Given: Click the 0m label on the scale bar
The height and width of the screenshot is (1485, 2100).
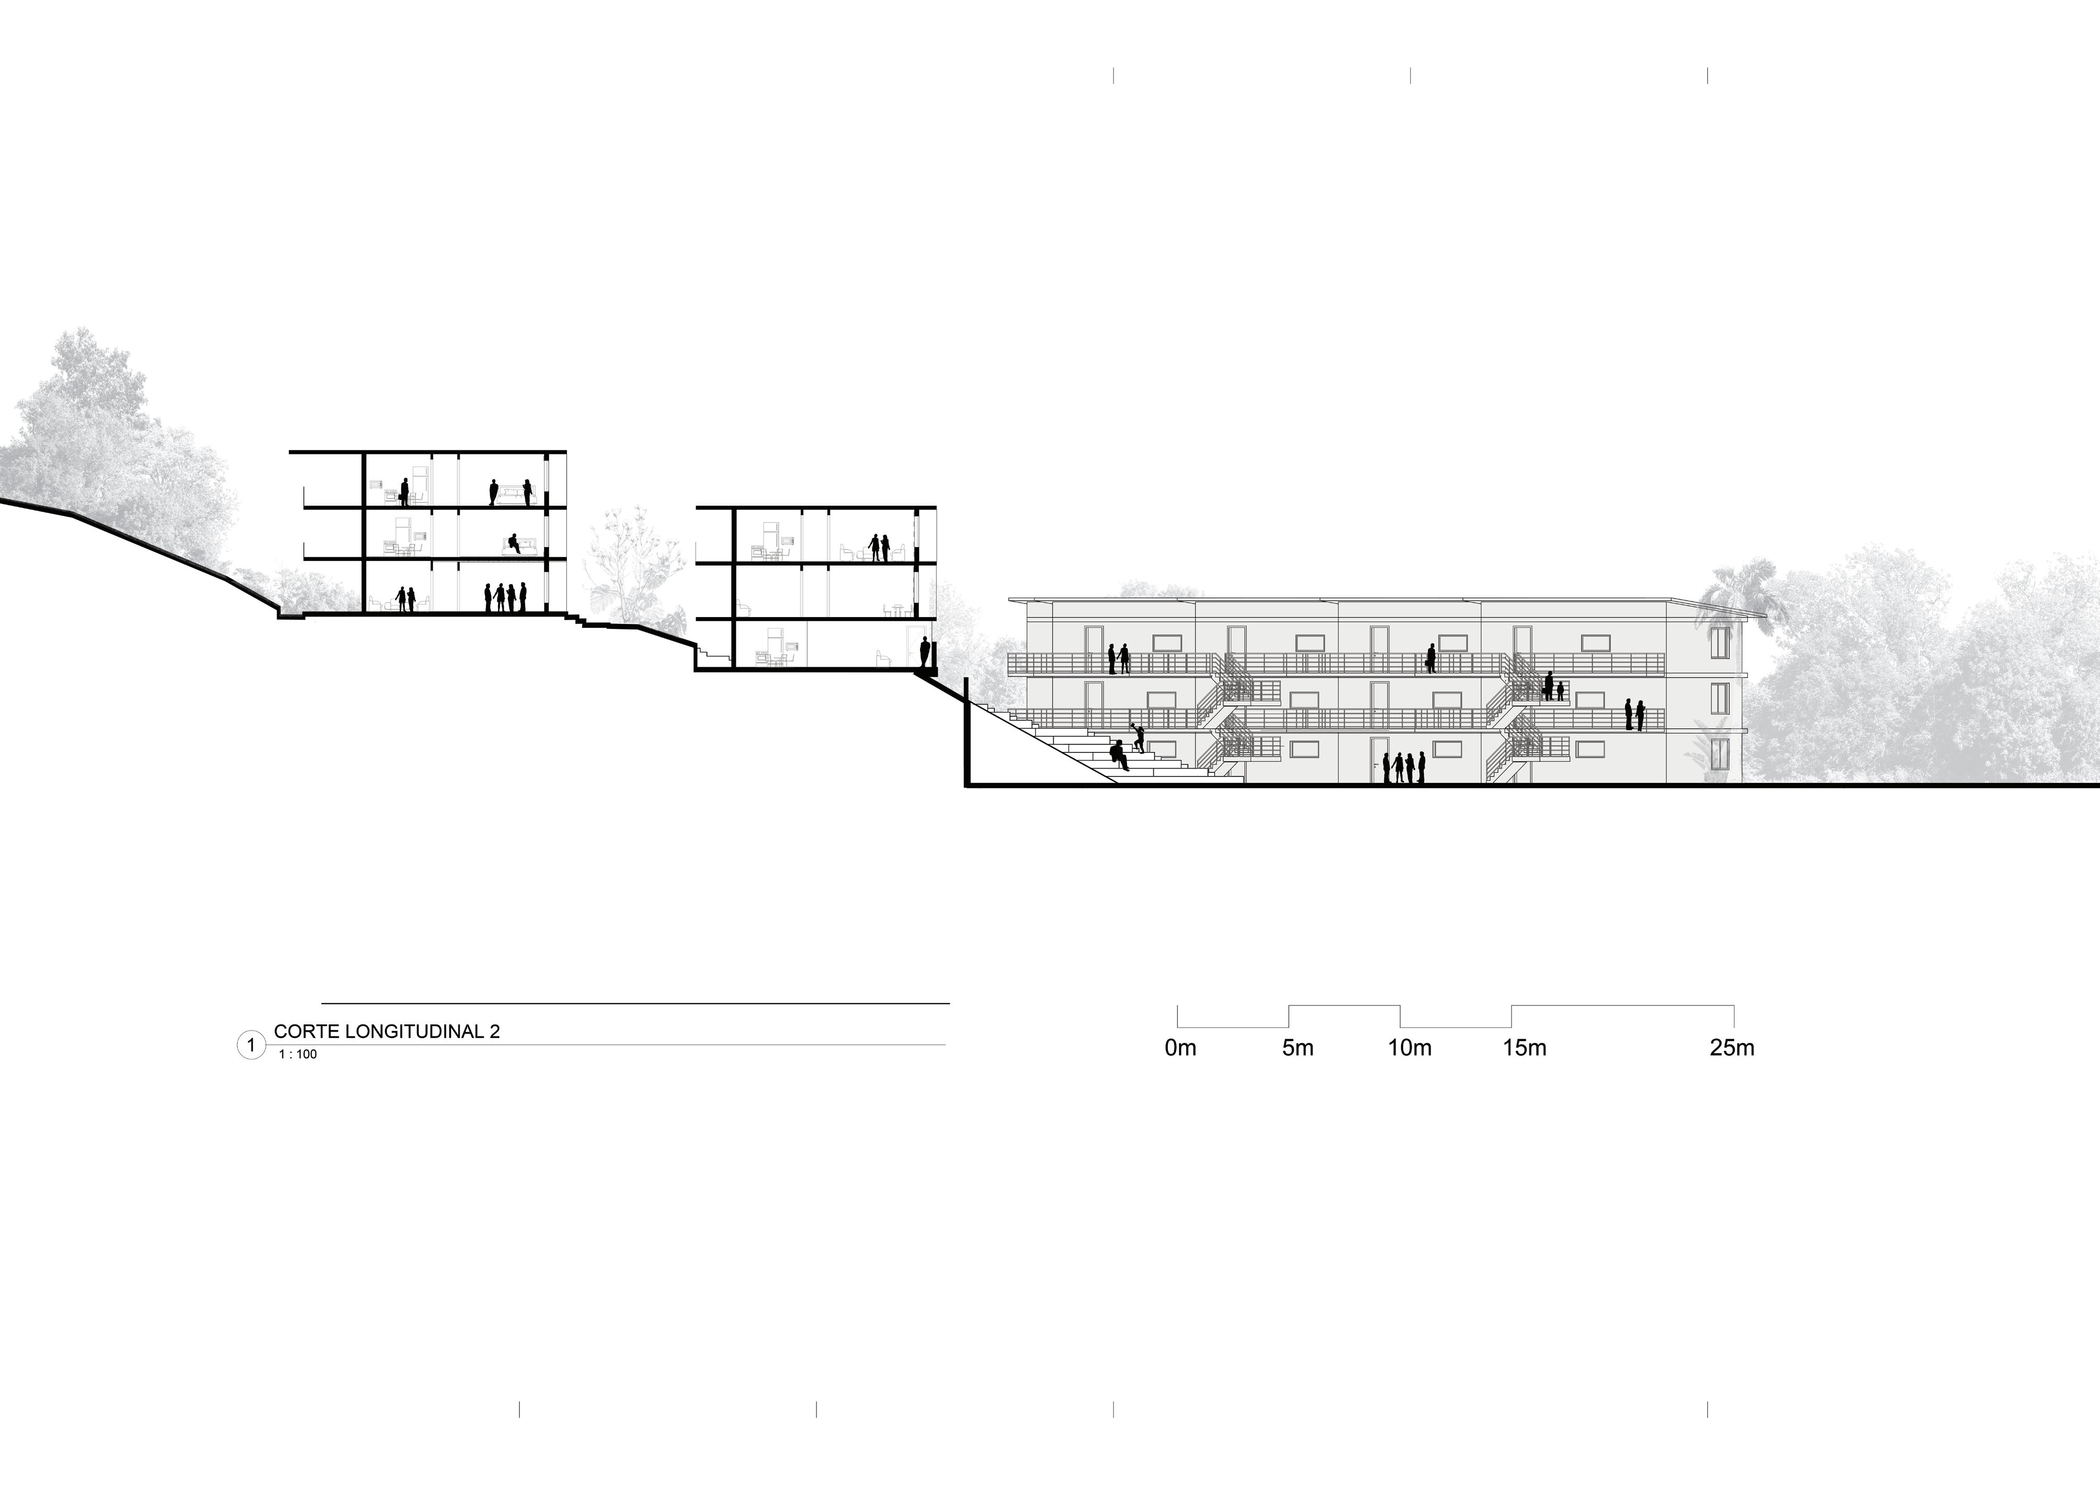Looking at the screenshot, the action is [1180, 1048].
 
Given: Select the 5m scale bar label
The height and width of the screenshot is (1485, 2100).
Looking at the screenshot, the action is [1297, 1048].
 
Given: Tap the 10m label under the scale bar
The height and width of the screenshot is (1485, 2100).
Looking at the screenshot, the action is [1410, 1048].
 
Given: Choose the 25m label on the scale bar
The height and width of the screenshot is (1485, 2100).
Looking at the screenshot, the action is [1731, 1048].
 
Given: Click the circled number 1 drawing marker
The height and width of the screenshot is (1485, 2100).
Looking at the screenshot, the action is [251, 1044].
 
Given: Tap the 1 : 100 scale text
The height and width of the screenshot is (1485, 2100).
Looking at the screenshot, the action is [298, 1054].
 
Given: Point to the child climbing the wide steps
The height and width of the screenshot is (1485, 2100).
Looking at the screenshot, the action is [1139, 737].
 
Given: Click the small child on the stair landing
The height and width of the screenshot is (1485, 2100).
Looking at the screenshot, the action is [1560, 691].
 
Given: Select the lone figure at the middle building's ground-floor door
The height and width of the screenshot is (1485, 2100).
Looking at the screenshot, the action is [925, 653].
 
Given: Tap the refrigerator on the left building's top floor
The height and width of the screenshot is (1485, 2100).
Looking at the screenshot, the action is [420, 483].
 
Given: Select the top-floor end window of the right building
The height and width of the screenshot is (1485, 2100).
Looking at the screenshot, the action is [1720, 642].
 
